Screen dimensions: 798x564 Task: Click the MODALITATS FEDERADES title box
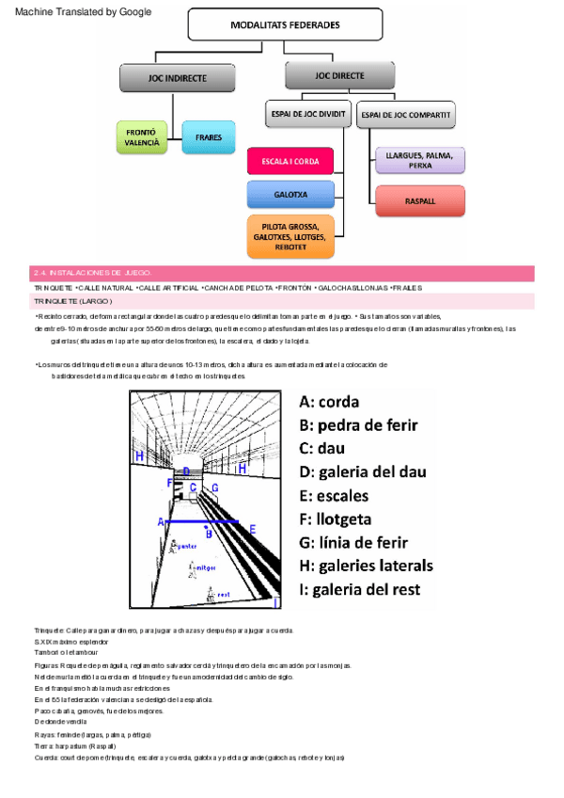285,24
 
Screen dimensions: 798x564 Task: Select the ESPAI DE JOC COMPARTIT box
406,116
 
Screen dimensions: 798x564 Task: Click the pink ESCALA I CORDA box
290,161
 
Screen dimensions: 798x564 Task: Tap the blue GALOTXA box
290,195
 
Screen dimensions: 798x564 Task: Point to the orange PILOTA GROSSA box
290,236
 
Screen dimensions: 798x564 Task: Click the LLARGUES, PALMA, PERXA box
419,159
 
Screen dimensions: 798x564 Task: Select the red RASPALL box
419,200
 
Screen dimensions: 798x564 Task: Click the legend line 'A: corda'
329,400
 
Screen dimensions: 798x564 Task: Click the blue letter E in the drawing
253,530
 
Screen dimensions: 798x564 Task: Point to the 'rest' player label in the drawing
223,595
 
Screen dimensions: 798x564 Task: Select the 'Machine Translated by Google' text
83,12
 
